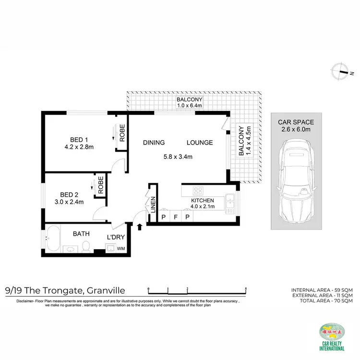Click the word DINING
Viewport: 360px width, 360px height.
point(154,143)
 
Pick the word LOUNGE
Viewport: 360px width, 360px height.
point(200,143)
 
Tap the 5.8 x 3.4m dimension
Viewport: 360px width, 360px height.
point(176,156)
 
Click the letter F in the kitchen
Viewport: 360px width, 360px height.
point(175,217)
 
